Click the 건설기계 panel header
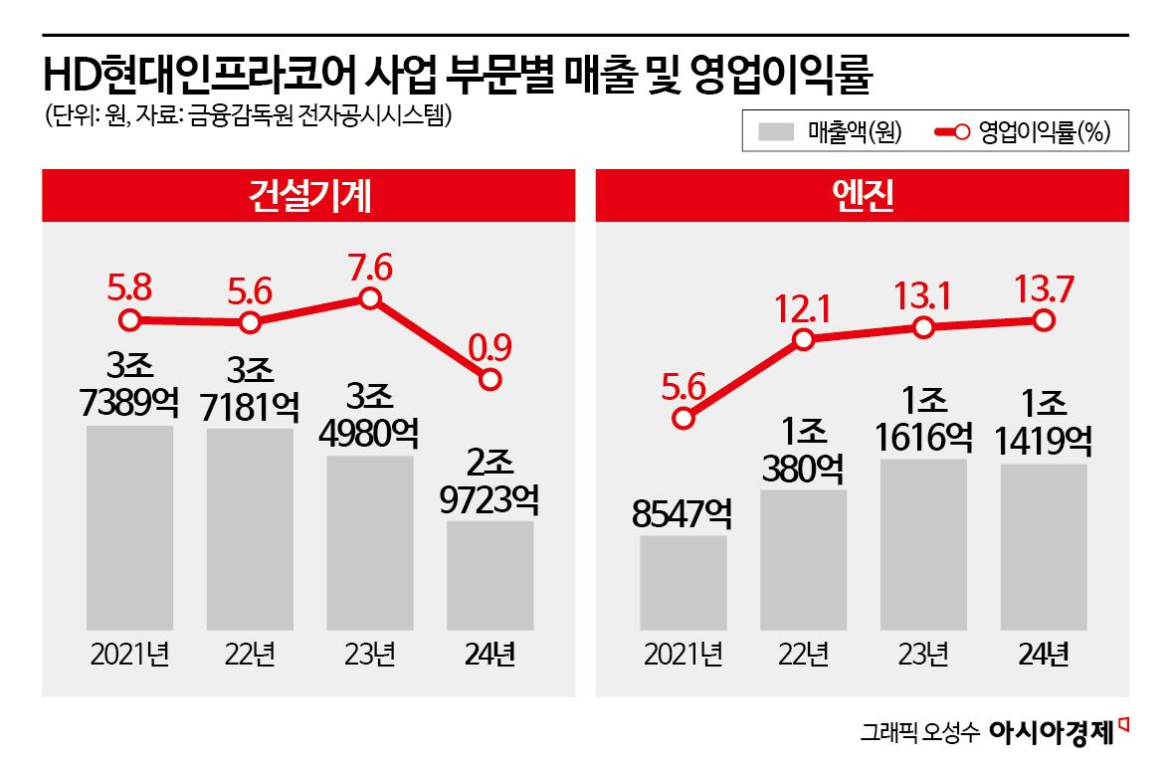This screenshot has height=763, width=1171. pos(307,196)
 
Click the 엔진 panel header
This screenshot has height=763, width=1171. pos(862,196)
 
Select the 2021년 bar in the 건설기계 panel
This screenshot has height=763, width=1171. pos(129,527)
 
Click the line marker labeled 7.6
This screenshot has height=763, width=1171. pos(370,298)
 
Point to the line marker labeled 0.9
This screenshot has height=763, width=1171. pos(489,379)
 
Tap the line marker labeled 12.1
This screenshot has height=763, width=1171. pos(804,339)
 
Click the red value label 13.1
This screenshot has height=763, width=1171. pos(923,296)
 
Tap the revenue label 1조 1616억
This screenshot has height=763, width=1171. pos(923,419)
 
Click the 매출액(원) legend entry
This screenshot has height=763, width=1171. pos(830,131)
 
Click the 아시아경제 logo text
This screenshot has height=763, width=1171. pos(1051,733)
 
